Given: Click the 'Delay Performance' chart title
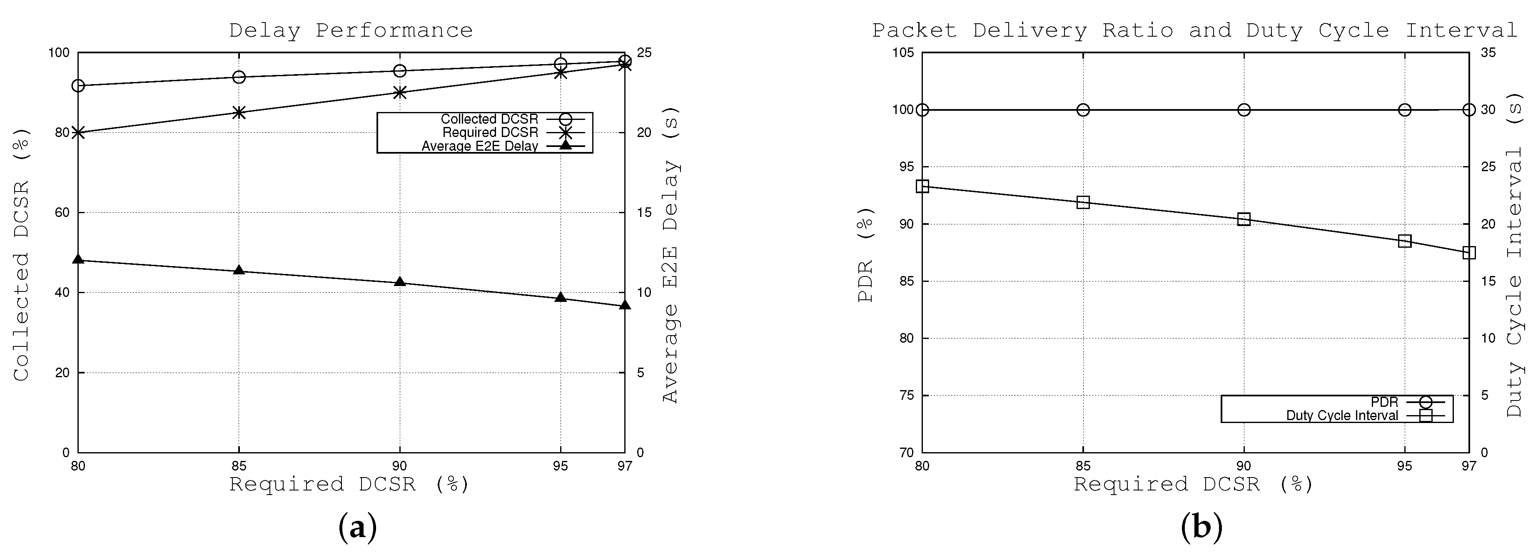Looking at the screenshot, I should [351, 30].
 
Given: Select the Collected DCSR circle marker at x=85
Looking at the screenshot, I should [239, 77].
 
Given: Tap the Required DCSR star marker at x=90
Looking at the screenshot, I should [400, 92].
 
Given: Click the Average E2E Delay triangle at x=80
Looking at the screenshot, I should [78, 259].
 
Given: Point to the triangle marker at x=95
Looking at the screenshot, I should [561, 297].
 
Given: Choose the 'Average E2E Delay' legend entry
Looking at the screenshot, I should [480, 146].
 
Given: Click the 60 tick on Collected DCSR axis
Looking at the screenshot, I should [62, 212].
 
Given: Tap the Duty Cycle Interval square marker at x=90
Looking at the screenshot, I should [1244, 219].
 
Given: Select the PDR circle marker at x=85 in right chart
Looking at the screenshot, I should [1083, 110].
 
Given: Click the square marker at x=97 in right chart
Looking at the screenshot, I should [1469, 253].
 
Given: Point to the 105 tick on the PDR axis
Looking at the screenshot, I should [903, 52].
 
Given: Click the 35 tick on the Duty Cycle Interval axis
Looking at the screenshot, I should [1488, 52].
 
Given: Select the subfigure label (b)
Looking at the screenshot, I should [1201, 527].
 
